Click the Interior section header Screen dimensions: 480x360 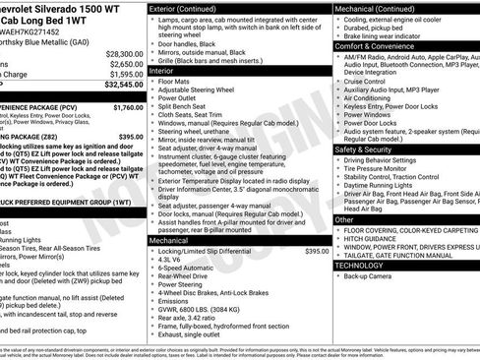(x=160, y=71)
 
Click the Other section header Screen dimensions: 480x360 (x=344, y=219)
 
